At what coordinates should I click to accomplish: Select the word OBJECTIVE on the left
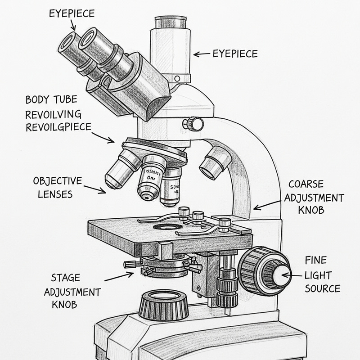click(x=58, y=181)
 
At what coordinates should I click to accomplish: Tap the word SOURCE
click(x=322, y=288)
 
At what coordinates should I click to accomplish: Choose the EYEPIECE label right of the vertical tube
click(x=235, y=54)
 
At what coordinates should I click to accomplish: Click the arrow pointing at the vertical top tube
click(x=202, y=54)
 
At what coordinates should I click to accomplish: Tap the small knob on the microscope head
click(x=195, y=123)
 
